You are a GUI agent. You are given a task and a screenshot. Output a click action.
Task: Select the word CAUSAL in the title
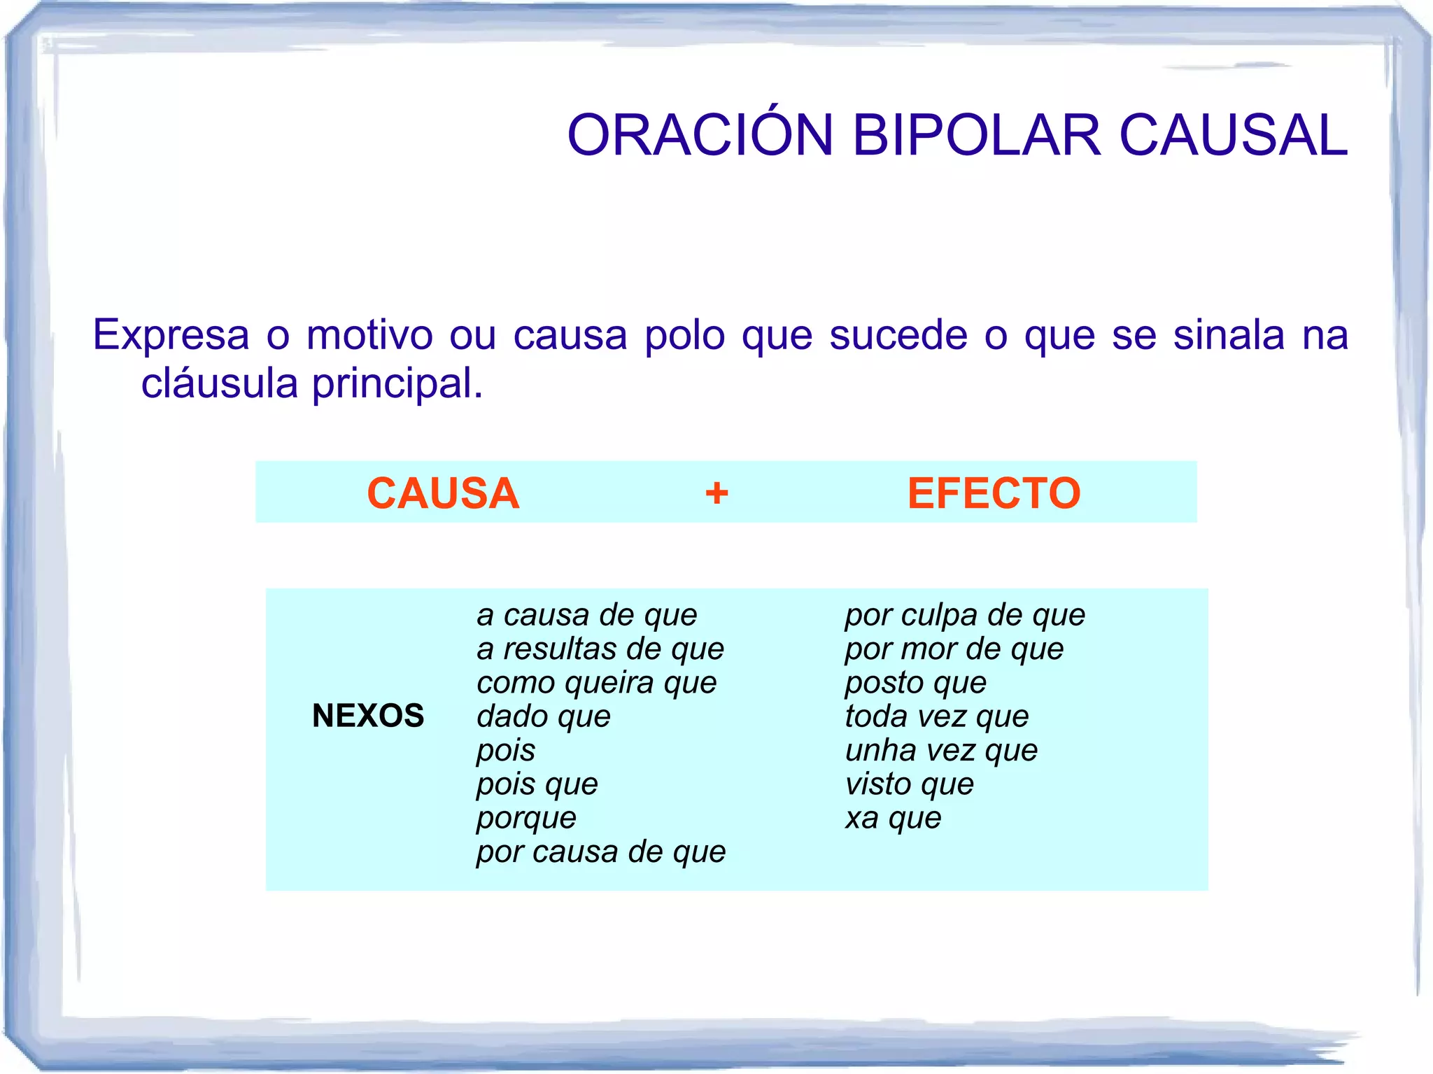pos(1233,135)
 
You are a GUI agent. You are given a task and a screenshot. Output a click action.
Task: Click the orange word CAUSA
pos(443,493)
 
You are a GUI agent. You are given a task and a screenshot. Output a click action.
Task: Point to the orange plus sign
pos(716,493)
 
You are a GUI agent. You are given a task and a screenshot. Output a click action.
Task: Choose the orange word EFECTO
pos(994,493)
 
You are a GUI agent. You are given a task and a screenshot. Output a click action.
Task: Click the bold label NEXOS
pos(368,716)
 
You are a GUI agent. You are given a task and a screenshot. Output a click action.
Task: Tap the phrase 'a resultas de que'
pos(600,649)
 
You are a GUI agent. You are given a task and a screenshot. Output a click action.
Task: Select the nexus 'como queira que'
pos(597,683)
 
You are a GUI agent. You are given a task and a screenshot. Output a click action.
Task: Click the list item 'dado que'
pos(544,716)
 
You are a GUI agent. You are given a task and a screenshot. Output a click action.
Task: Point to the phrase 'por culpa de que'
pos(965,615)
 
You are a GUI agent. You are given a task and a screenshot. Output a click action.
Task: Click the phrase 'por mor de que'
pos(954,649)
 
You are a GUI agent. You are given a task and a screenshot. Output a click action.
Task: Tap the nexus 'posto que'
pos(915,683)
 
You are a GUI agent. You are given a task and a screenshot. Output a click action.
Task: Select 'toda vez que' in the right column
pos(937,716)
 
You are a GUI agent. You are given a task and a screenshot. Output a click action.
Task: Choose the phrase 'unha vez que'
pos(941,750)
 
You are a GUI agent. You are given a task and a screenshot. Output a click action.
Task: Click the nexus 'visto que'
pos(909,784)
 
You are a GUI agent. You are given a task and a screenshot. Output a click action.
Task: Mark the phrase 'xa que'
pos(893,818)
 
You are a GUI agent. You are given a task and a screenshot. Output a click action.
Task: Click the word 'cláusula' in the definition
pos(220,383)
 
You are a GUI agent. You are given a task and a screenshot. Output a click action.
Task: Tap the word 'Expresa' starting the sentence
pos(171,334)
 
